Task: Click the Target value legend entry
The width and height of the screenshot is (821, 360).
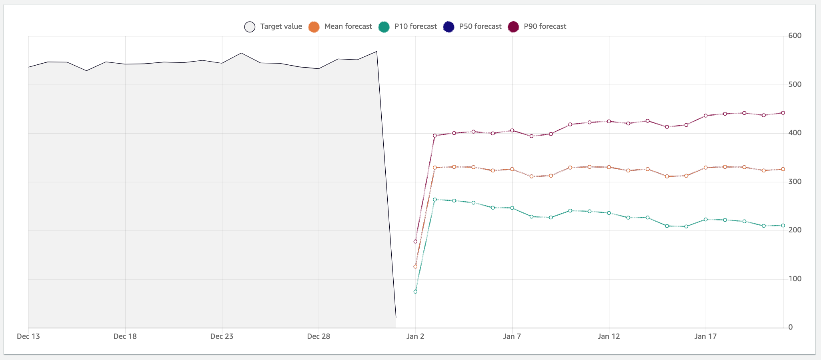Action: click(273, 27)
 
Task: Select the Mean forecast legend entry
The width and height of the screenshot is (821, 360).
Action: click(340, 27)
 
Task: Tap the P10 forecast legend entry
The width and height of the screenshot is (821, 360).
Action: click(408, 27)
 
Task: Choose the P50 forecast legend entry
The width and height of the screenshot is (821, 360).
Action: click(473, 27)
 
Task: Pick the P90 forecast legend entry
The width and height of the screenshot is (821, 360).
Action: click(537, 27)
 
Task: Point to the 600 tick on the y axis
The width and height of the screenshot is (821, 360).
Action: click(795, 36)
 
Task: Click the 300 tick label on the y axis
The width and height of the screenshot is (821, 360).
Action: click(795, 182)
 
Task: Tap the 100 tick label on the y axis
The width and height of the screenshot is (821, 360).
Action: click(795, 279)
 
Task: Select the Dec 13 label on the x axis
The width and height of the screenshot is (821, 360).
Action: click(28, 336)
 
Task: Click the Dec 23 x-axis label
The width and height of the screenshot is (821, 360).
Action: click(222, 336)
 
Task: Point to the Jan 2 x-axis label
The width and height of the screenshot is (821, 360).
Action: click(415, 336)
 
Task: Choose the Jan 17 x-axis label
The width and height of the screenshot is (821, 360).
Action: click(706, 336)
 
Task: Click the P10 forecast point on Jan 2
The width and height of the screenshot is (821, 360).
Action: click(415, 292)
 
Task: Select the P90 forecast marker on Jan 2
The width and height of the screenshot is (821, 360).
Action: click(415, 242)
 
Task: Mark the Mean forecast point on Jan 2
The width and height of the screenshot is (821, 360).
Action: click(415, 266)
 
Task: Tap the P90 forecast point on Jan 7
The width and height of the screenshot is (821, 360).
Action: click(512, 130)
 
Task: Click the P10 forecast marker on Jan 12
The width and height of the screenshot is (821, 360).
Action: click(609, 213)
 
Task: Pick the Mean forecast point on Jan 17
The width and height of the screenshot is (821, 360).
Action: click(706, 168)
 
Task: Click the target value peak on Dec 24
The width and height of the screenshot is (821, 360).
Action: click(241, 53)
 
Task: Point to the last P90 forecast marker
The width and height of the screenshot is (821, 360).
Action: click(783, 113)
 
